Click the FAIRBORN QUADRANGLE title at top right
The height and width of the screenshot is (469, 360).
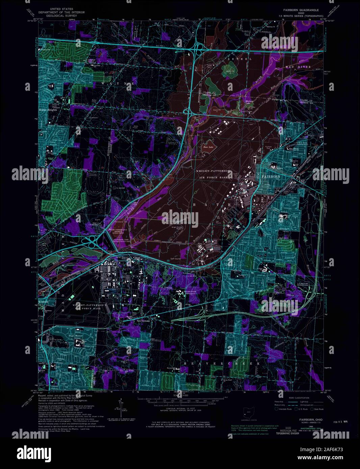tap(299, 10)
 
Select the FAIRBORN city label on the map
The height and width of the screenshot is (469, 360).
tap(273, 176)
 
